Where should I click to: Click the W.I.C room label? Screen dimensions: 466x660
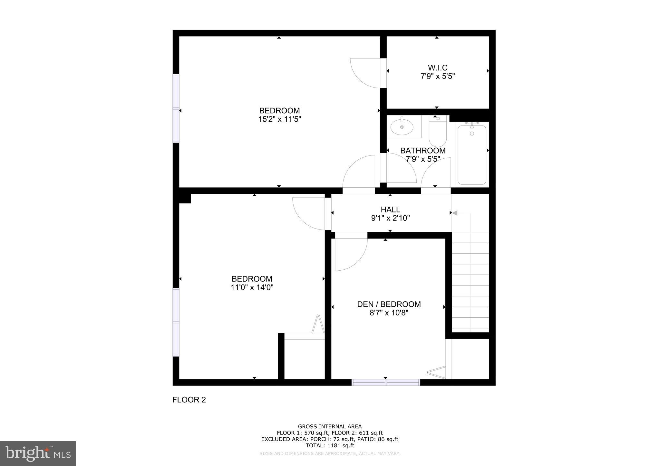point(438,68)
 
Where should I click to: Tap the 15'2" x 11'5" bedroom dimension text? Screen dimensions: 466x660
point(279,119)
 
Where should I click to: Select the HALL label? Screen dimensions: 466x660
point(390,210)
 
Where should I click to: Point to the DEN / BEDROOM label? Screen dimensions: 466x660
point(389,304)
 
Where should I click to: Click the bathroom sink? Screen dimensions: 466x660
point(402,127)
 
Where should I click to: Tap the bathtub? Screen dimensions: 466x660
point(472,154)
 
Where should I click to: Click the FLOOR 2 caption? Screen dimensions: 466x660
point(189,400)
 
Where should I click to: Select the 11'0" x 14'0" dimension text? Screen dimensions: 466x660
point(252,287)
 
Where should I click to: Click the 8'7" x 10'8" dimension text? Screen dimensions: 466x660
point(389,313)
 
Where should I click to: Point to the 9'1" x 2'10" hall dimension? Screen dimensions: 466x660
point(390,218)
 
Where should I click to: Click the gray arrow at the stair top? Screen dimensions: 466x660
point(455,213)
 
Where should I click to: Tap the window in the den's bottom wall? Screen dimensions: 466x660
point(386,382)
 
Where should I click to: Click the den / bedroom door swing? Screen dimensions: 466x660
point(350,254)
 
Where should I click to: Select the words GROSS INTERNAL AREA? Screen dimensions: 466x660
point(330,427)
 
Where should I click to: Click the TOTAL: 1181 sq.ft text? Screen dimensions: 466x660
point(330,445)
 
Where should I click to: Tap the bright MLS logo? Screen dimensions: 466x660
point(38,453)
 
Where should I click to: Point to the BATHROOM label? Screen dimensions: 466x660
point(423,151)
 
